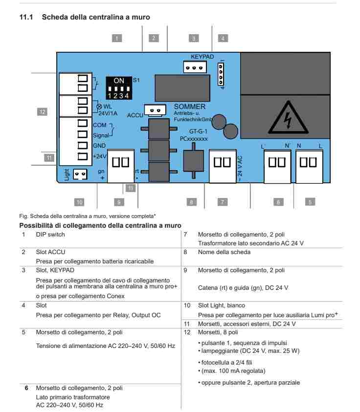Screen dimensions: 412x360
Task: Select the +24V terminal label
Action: (x=101, y=156)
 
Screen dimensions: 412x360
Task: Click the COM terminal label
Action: (x=100, y=125)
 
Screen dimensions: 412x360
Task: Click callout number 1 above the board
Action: (x=117, y=38)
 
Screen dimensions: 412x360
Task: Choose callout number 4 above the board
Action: (x=223, y=38)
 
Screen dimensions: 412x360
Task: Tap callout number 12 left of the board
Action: (x=43, y=112)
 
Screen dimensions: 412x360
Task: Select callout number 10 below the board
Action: (x=79, y=201)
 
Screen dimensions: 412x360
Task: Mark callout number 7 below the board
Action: (x=223, y=201)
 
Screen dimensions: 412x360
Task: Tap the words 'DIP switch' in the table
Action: (x=50, y=235)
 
